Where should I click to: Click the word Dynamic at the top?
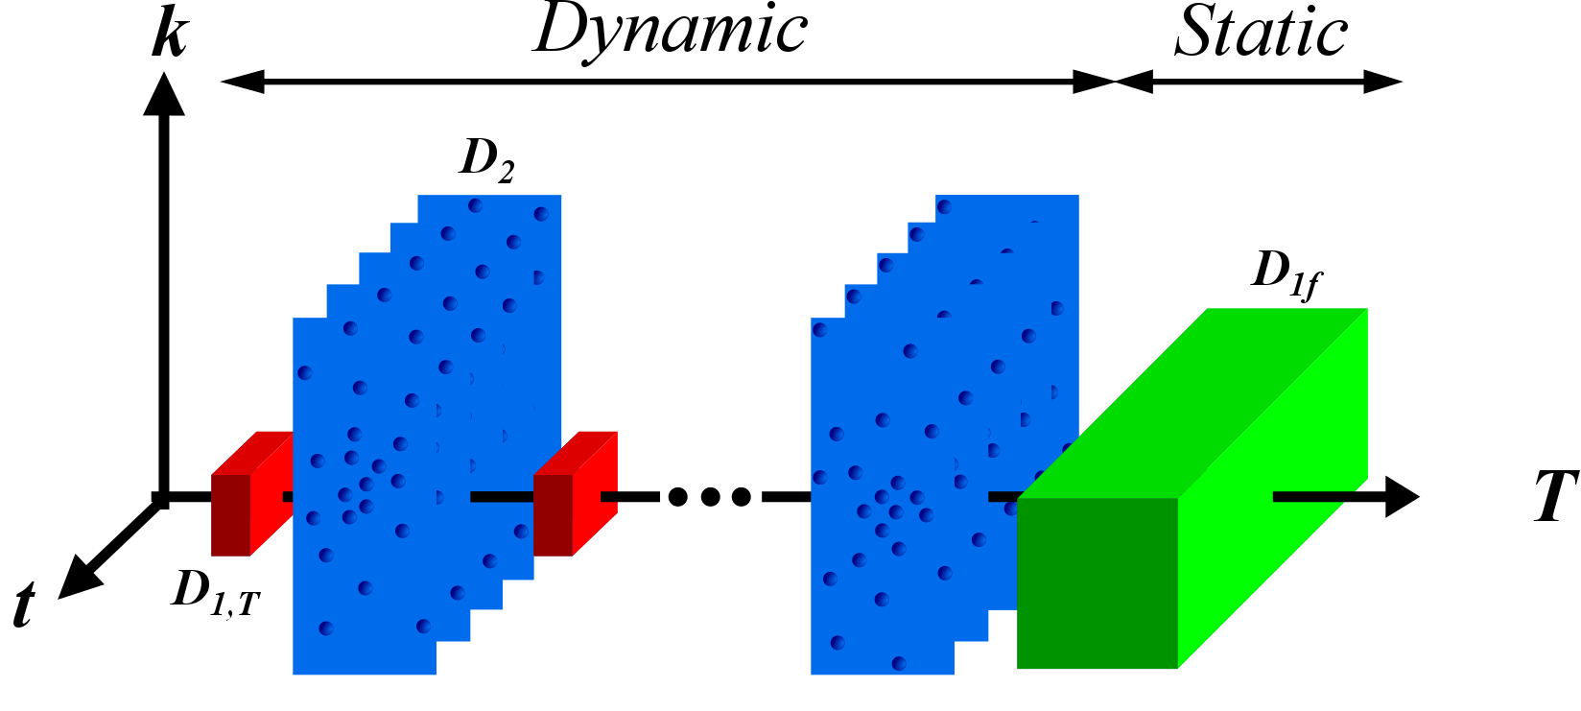tap(671, 31)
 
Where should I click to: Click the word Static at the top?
tap(1261, 33)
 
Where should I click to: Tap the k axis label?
tap(170, 36)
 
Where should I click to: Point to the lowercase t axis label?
tap(25, 605)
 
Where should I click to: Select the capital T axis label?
tap(1555, 496)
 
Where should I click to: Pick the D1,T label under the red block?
tap(216, 591)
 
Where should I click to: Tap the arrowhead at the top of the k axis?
tap(164, 96)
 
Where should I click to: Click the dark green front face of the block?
tap(1097, 582)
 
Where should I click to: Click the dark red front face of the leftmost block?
tap(230, 514)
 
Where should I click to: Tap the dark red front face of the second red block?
tap(553, 514)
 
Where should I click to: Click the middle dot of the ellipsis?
tap(709, 497)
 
